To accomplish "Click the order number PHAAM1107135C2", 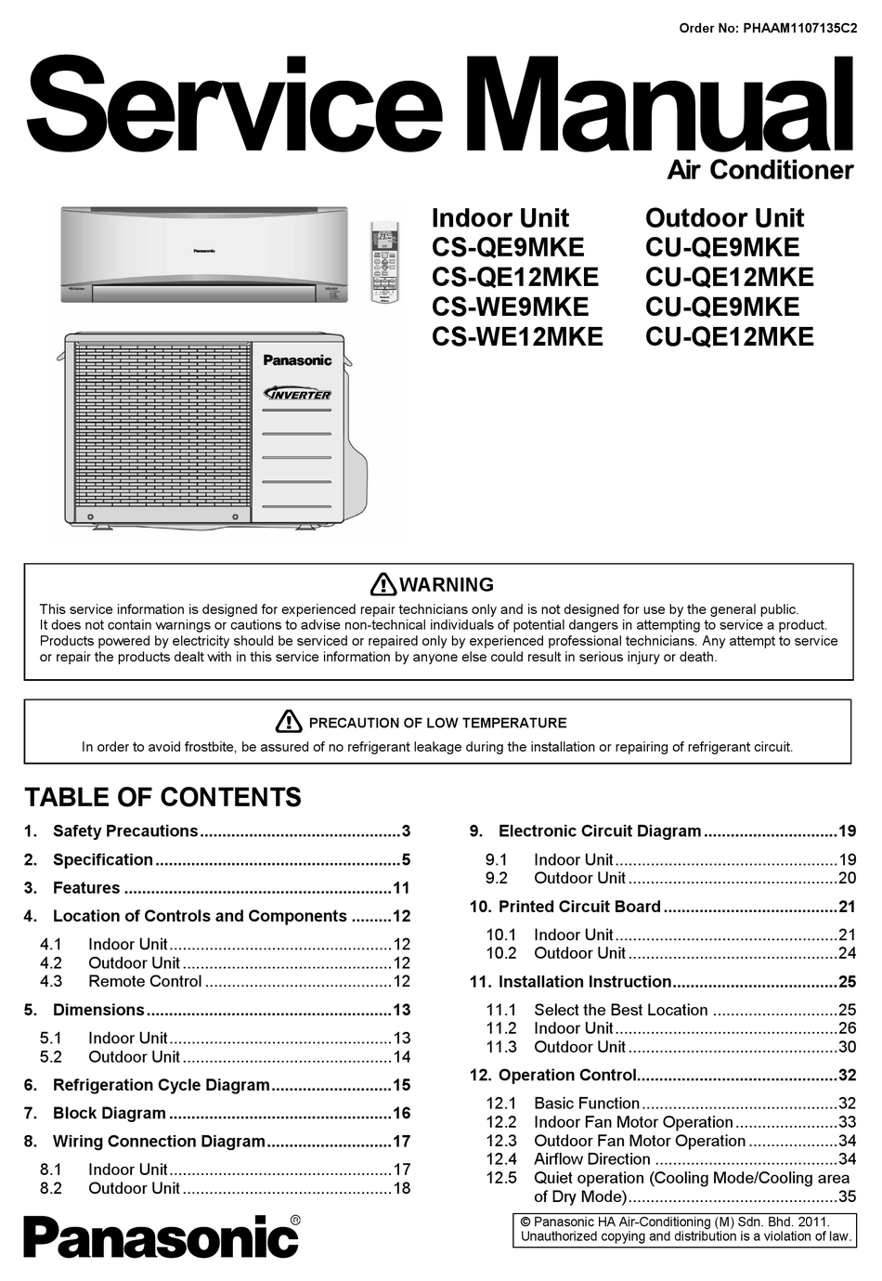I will pyautogui.click(x=799, y=28).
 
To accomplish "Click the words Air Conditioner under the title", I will pyautogui.click(x=759, y=170).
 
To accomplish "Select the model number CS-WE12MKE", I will pyautogui.click(x=517, y=336).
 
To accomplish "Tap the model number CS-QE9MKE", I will pyautogui.click(x=508, y=247).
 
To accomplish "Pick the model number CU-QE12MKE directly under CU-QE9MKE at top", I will pyautogui.click(x=729, y=277).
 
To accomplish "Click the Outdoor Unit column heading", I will pyautogui.click(x=724, y=218).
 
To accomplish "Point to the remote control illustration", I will pyautogui.click(x=383, y=262).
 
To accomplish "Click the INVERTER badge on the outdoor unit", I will pyautogui.click(x=298, y=394).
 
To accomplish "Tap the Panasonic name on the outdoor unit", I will pyautogui.click(x=297, y=360).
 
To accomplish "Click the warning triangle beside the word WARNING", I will pyautogui.click(x=383, y=584).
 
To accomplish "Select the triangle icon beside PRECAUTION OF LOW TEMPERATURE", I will pyautogui.click(x=289, y=722).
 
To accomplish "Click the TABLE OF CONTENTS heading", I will pyautogui.click(x=162, y=797).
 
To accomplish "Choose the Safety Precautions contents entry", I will pyautogui.click(x=125, y=831).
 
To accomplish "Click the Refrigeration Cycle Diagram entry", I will pyautogui.click(x=161, y=1085).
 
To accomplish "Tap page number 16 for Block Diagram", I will pyautogui.click(x=401, y=1113).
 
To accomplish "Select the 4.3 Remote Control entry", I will pyautogui.click(x=144, y=982).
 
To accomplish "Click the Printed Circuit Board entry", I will pyautogui.click(x=579, y=907).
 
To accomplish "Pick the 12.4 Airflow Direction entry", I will pyautogui.click(x=591, y=1159).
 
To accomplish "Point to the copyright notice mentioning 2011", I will pyautogui.click(x=684, y=1229).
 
